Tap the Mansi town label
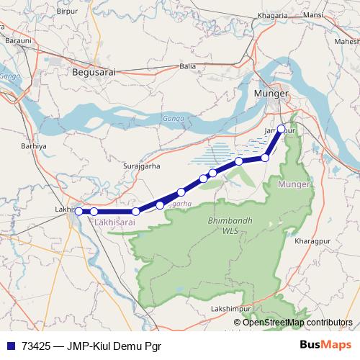314,14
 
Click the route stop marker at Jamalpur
282,130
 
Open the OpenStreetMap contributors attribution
297,323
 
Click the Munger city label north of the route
271,94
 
